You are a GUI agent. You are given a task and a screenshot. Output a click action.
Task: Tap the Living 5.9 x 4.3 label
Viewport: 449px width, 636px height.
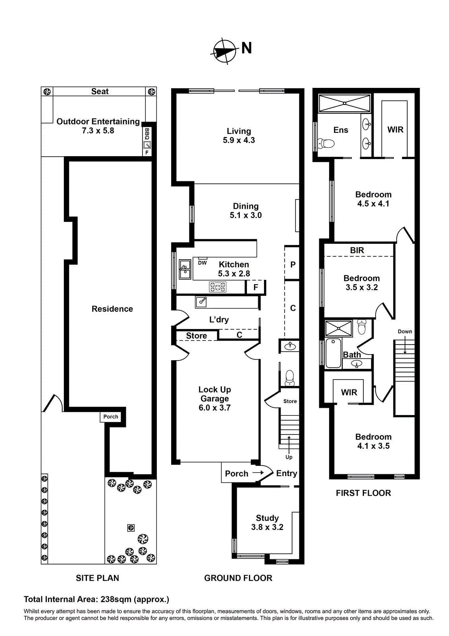coord(239,136)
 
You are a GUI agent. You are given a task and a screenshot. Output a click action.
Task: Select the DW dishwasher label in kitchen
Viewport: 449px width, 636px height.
coord(202,263)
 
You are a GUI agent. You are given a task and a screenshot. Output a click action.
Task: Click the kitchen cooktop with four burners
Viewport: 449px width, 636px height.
coord(218,287)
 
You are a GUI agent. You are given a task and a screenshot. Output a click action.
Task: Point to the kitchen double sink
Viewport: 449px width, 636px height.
coord(185,269)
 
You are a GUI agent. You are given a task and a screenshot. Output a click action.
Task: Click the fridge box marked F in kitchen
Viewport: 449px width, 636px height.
coord(256,287)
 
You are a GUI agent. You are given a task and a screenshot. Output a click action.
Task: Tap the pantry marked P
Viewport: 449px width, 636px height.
coord(293,264)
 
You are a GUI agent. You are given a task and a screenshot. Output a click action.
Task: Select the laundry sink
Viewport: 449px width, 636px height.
coord(201,302)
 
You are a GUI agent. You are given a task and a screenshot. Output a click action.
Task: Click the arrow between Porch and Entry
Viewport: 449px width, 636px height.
coord(258,473)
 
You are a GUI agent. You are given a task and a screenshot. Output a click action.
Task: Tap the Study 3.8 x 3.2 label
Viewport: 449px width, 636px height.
coord(267,522)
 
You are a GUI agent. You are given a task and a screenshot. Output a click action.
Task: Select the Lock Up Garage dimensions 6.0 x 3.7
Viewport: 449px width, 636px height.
coord(214,408)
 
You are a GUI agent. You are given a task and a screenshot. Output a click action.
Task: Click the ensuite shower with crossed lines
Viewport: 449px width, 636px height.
coord(345,103)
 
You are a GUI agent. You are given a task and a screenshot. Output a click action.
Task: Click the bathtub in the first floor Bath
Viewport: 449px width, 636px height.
coord(333,353)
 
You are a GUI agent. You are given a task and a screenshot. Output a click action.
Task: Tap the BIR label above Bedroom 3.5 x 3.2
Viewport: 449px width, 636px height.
coord(357,250)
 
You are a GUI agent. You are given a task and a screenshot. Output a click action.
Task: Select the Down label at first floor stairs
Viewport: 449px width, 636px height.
coord(405,332)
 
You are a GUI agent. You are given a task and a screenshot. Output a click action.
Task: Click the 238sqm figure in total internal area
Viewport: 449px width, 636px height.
coord(116,599)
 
